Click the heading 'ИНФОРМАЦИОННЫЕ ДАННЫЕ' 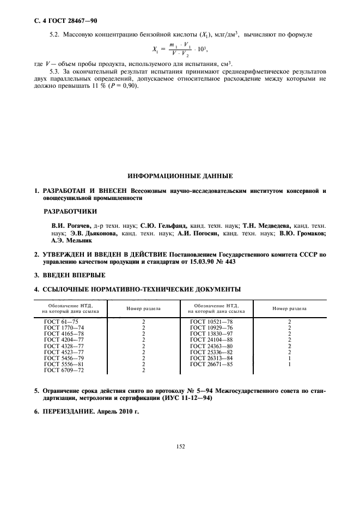[180, 177]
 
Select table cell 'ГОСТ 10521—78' [211, 321]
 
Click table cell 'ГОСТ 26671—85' [211, 364]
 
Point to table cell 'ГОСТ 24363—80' [211, 346]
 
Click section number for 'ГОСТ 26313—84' [289, 358]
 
